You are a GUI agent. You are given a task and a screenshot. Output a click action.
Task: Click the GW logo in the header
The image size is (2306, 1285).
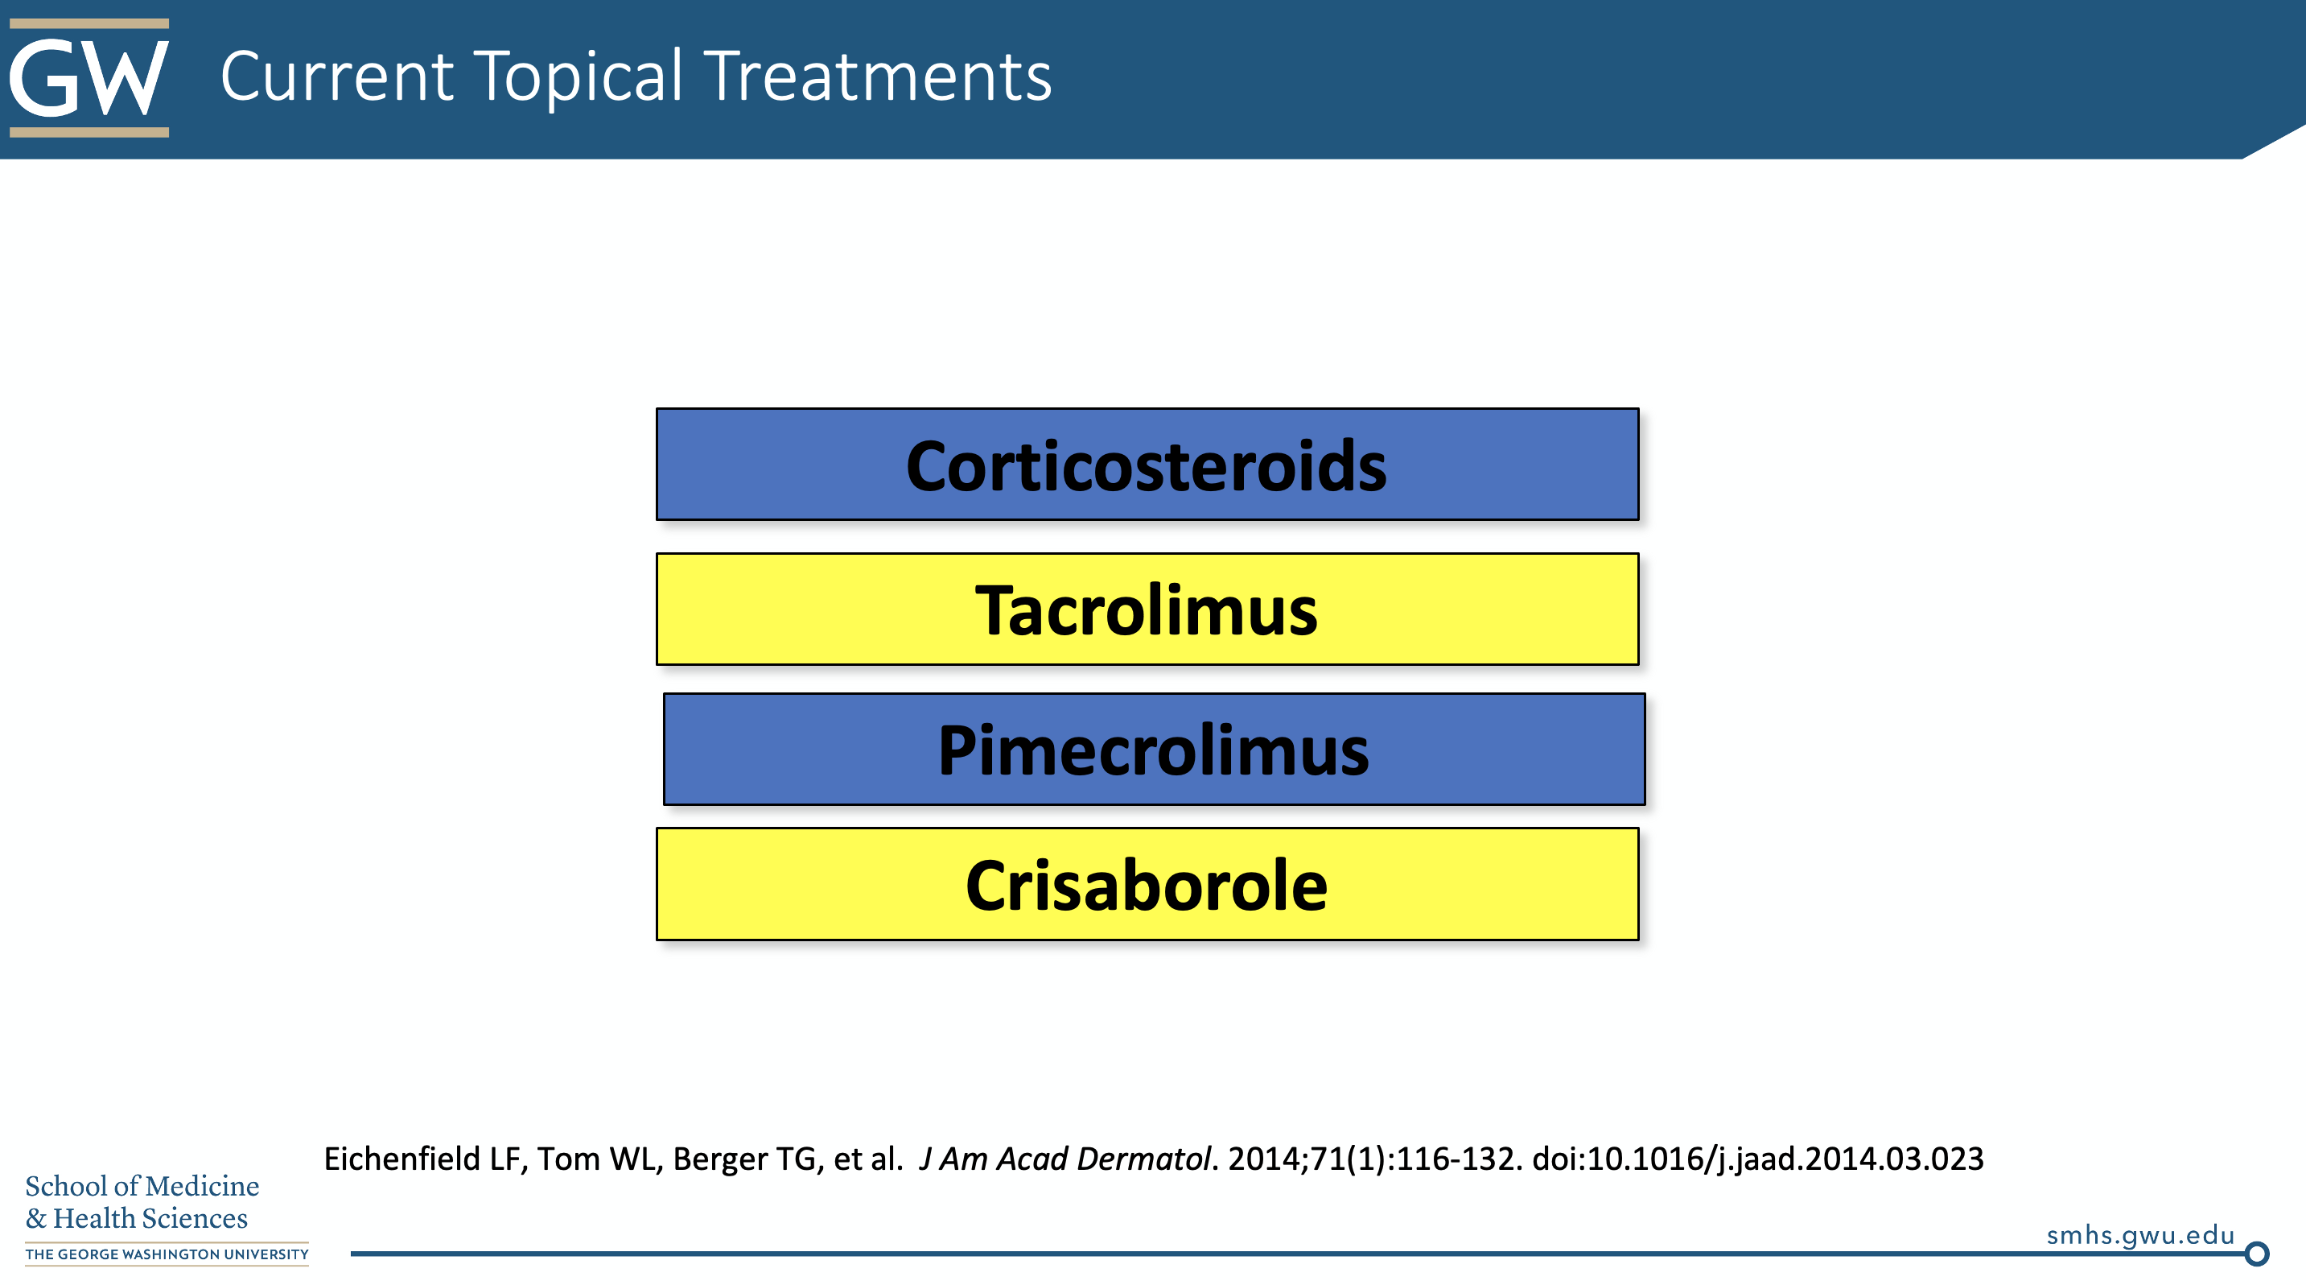(x=89, y=78)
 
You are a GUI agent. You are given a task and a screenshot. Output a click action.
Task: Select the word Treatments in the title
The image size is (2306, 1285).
(x=877, y=76)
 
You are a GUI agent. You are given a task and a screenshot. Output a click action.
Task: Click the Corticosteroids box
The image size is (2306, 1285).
(x=1147, y=464)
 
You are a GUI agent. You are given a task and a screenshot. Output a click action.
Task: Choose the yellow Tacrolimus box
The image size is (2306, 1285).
(x=1147, y=609)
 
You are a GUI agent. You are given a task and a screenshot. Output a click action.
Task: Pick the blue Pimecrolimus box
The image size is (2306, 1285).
(x=1154, y=750)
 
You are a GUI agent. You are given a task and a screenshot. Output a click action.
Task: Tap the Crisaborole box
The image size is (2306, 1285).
(x=1147, y=884)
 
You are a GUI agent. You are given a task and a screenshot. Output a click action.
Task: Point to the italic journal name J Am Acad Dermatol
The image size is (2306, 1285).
(x=1064, y=1159)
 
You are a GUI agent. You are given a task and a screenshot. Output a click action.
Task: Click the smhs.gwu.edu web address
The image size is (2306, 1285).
(x=2139, y=1236)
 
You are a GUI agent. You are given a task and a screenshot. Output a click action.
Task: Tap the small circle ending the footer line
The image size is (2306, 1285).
(x=2257, y=1254)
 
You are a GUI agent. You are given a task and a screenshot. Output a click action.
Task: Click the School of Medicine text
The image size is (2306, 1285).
(x=142, y=1186)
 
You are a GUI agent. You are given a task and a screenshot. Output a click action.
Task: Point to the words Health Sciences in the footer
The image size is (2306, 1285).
(x=150, y=1219)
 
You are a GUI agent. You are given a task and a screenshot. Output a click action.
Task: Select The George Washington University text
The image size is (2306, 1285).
(x=167, y=1254)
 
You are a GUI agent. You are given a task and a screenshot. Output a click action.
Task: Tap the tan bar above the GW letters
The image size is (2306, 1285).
(x=89, y=23)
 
